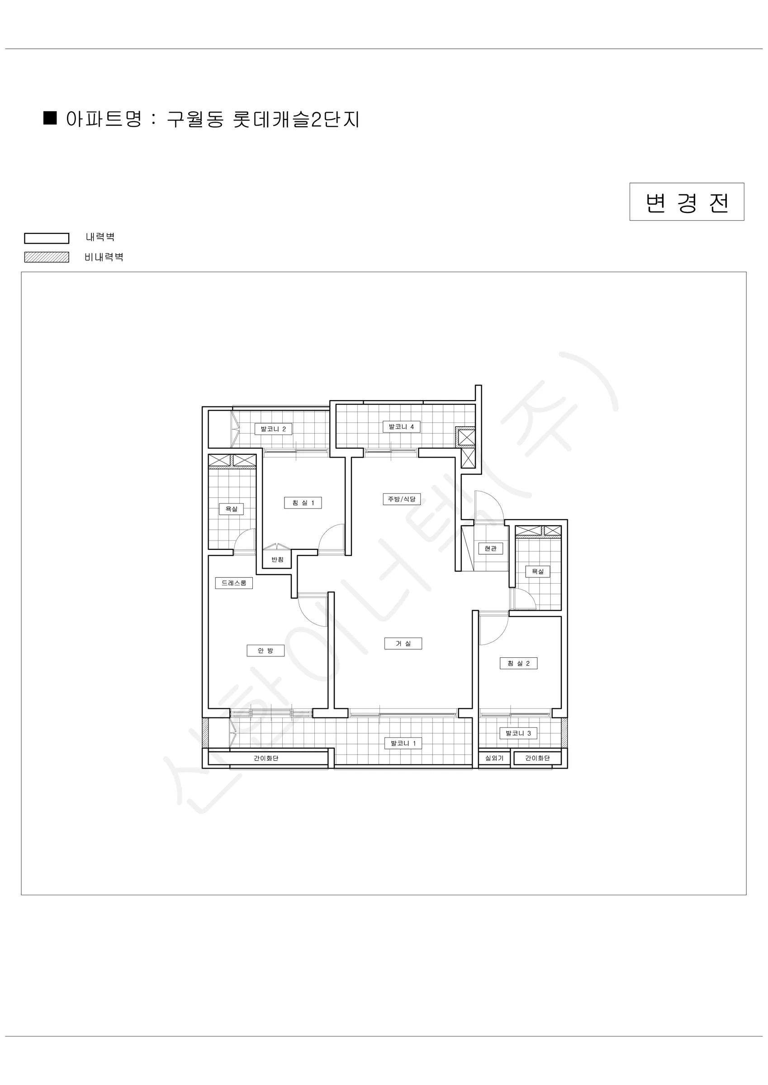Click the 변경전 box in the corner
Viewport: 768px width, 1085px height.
(x=687, y=202)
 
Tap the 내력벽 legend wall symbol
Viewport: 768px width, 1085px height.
(x=46, y=238)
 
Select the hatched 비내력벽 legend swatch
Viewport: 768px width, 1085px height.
(x=46, y=257)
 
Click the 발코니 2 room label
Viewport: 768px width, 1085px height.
(x=273, y=429)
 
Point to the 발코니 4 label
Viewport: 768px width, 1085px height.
(x=402, y=427)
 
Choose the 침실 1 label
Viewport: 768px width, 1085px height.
(x=303, y=503)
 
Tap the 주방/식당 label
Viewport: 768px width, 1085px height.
(x=402, y=499)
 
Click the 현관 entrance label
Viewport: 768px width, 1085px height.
(x=490, y=549)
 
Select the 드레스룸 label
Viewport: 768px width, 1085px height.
(x=234, y=583)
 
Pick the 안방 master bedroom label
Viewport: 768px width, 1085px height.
(x=265, y=651)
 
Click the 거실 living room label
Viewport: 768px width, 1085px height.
(x=403, y=644)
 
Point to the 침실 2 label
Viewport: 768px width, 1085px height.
(x=519, y=664)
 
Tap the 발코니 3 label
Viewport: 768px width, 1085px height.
(x=518, y=733)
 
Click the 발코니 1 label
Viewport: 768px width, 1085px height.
(x=403, y=743)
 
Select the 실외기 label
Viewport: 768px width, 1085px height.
(x=494, y=758)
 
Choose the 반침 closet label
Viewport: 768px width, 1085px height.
(x=277, y=560)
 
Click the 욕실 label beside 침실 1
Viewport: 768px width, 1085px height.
(x=231, y=509)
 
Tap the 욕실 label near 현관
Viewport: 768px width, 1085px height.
(x=538, y=571)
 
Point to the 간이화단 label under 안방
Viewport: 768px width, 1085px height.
(x=266, y=758)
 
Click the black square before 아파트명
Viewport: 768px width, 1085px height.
(x=50, y=118)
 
